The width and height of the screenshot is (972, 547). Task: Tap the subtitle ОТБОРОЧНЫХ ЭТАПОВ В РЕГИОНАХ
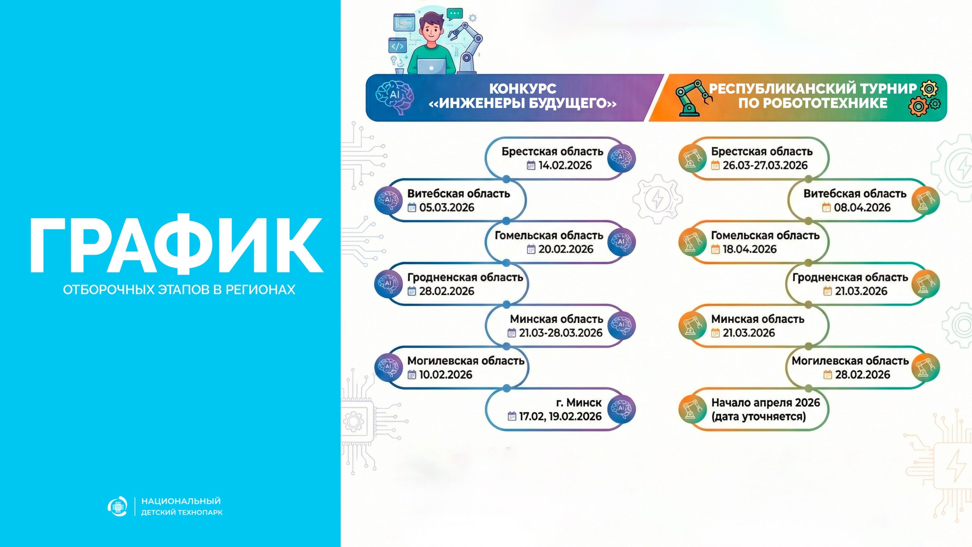tap(179, 290)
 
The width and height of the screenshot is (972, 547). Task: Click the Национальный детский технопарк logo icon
tap(117, 506)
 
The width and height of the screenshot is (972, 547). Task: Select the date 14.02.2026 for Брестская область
tap(565, 165)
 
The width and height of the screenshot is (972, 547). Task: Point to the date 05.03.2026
tap(447, 207)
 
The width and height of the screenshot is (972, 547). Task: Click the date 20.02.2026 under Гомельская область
tap(566, 249)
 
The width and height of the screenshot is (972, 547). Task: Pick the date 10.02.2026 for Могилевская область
tap(446, 375)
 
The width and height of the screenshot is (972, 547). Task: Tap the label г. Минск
tap(579, 403)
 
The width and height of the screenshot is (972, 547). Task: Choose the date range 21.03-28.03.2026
tap(561, 333)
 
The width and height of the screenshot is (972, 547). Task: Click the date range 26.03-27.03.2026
tap(765, 165)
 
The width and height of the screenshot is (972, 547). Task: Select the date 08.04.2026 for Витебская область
tap(862, 207)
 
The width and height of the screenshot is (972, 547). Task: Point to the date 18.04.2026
tap(750, 249)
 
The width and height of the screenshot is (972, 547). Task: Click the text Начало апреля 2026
tap(765, 403)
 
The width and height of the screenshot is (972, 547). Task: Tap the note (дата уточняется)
tap(758, 417)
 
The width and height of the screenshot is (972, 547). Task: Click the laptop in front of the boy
tap(431, 66)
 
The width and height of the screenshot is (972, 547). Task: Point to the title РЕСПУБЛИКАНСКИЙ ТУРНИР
tap(813, 89)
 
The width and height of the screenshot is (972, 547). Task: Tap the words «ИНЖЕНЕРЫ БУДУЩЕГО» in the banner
tap(522, 103)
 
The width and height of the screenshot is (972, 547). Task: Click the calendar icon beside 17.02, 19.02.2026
tap(512, 416)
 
